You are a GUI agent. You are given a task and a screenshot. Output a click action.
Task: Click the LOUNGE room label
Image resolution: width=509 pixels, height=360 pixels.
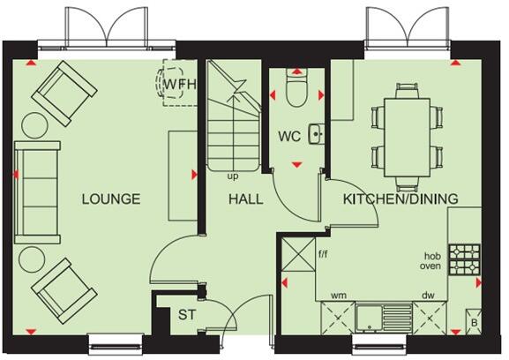pos(111,199)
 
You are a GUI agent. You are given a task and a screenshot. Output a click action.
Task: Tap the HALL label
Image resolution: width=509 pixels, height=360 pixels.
pos(245,199)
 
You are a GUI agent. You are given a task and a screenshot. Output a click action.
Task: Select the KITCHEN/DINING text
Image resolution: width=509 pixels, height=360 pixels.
pos(400,199)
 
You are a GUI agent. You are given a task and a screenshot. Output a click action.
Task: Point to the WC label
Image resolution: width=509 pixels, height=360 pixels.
pos(289,138)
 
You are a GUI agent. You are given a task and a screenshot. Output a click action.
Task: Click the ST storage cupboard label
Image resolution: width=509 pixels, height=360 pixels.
pos(187,315)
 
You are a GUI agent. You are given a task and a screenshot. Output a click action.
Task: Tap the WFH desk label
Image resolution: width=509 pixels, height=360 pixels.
pos(180,86)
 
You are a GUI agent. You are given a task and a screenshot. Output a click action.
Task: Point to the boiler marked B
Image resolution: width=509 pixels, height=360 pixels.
pos(474,324)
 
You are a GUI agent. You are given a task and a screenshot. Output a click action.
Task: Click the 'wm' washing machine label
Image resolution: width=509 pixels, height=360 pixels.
pos(338,295)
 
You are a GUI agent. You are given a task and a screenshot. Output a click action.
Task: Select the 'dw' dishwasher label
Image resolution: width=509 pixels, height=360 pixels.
pos(429,295)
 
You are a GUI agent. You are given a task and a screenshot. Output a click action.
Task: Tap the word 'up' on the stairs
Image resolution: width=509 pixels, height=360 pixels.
pos(233,176)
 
